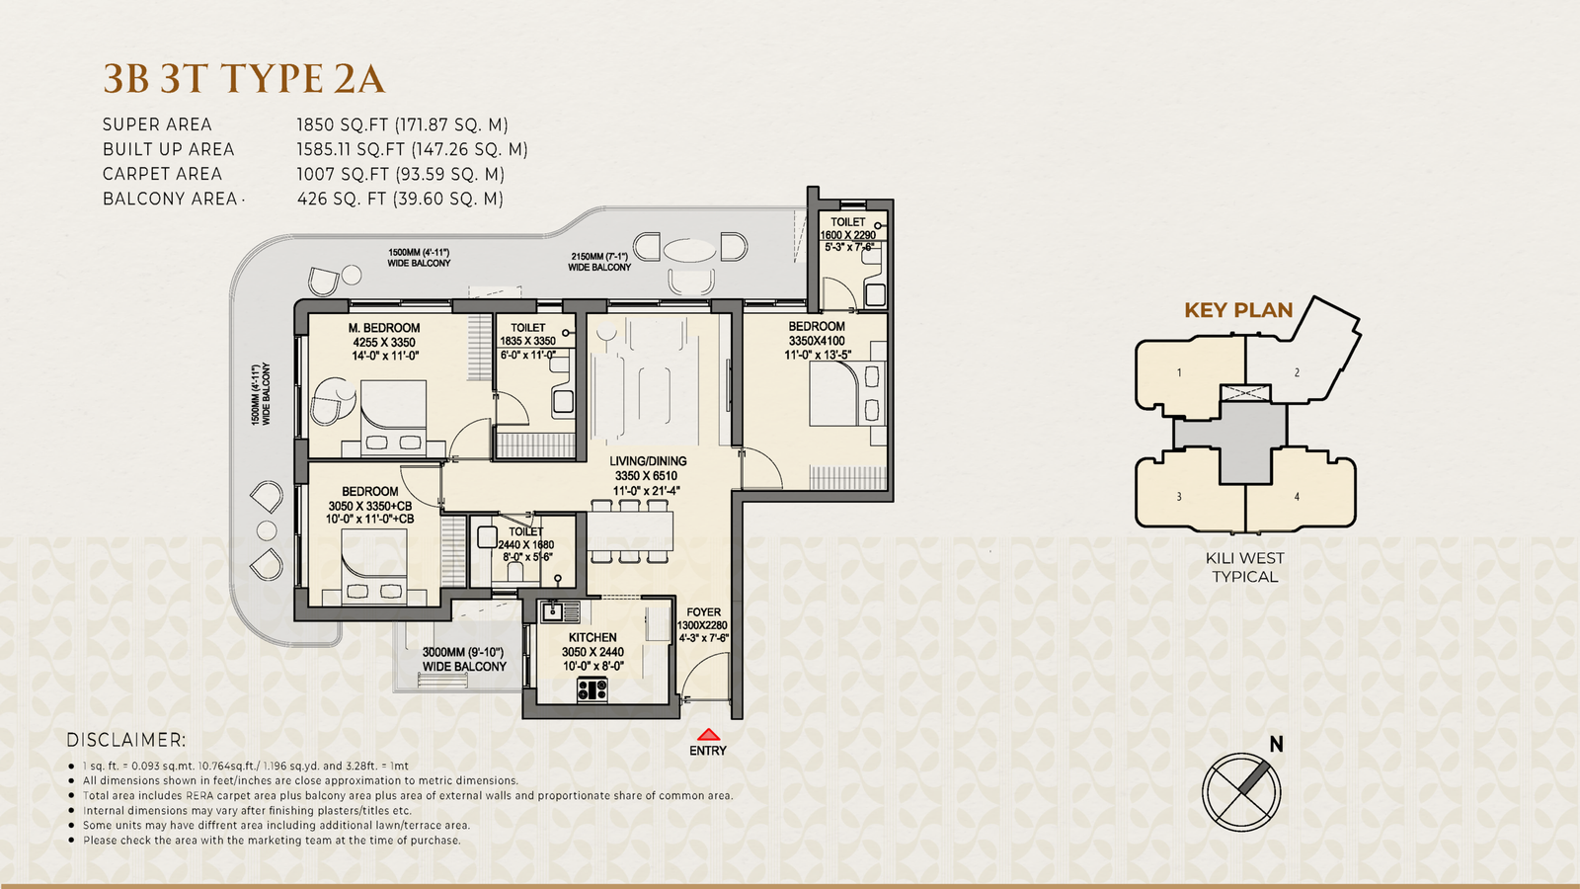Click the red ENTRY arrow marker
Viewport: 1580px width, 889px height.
[708, 735]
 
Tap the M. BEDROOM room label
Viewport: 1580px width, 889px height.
[384, 328]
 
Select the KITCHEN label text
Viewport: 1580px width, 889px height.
[592, 637]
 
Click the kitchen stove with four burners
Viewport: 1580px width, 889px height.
[592, 688]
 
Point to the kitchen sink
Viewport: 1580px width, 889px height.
[560, 611]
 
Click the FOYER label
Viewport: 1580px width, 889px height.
[703, 612]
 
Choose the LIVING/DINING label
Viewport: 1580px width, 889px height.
[648, 460]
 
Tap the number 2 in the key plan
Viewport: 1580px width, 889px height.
[1297, 372]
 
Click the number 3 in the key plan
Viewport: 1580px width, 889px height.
[1179, 497]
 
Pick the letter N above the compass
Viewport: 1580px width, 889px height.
[1276, 745]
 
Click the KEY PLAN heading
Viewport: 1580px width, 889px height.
[1238, 310]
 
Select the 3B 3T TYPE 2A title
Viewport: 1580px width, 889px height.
[244, 78]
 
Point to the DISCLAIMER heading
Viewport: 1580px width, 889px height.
[126, 740]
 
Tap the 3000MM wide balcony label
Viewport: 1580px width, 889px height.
[464, 659]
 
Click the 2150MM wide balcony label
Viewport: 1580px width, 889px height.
[599, 262]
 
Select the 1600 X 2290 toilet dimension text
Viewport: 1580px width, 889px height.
[847, 235]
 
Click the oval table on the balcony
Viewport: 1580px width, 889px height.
[690, 251]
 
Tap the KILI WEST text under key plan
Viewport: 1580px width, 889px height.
[1245, 558]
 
